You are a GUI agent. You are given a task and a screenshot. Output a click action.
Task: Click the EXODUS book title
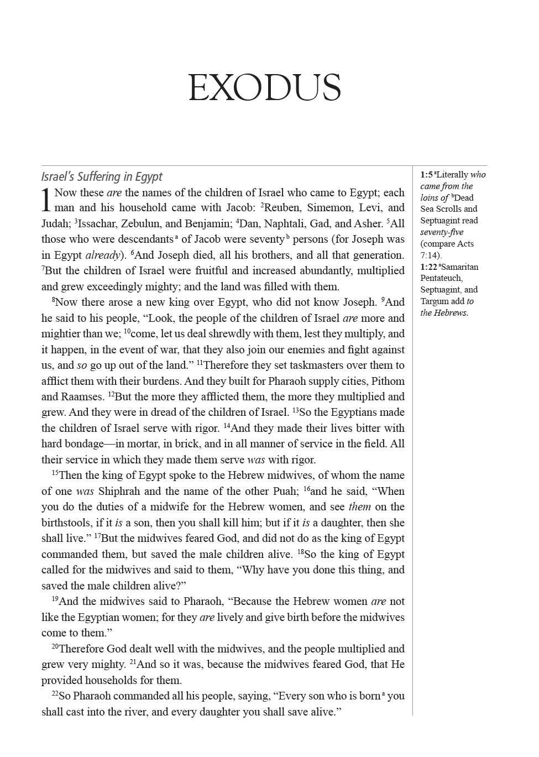[x=264, y=88]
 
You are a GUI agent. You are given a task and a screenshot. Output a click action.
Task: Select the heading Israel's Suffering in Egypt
[x=102, y=177]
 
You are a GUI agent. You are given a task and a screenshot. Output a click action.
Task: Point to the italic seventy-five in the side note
[x=442, y=232]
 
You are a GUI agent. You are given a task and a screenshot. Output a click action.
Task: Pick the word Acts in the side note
[x=464, y=244]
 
